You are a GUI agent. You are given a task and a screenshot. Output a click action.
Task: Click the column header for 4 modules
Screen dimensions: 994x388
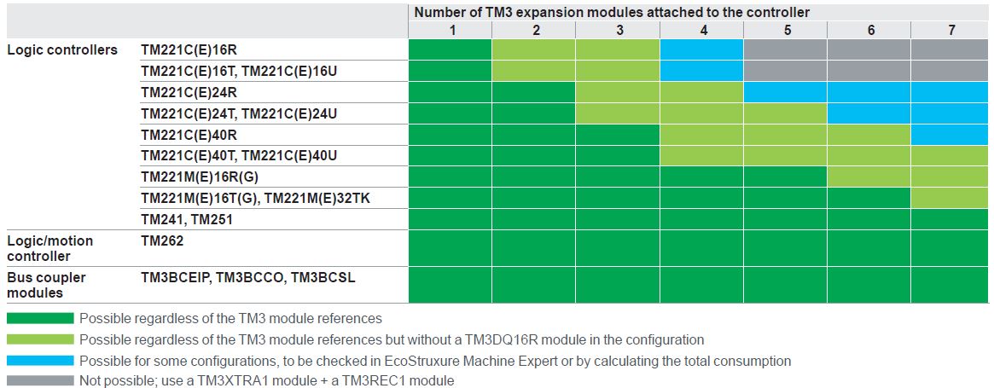click(701, 30)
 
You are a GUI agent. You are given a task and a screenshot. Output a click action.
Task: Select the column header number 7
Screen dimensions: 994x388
click(951, 30)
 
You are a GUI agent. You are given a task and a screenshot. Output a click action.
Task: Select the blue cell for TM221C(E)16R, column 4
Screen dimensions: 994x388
click(701, 49)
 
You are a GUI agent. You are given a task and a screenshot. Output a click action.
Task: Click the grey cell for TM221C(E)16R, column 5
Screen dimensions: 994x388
click(785, 49)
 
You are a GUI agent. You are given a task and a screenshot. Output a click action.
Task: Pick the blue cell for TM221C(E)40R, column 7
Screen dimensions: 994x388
click(951, 135)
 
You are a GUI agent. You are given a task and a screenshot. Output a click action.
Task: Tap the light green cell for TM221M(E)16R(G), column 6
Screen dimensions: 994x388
click(869, 177)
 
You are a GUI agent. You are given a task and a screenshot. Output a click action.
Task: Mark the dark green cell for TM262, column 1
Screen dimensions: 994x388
click(450, 248)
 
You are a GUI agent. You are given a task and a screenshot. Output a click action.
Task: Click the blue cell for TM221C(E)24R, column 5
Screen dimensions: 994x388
click(785, 92)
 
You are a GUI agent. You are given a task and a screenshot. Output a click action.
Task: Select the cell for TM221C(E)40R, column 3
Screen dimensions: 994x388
click(618, 135)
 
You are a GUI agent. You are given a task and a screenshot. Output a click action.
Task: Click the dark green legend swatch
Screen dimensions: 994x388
click(41, 317)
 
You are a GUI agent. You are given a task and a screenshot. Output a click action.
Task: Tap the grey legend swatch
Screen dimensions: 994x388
click(41, 381)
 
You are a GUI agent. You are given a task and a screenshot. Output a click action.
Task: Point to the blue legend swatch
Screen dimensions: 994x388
click(41, 360)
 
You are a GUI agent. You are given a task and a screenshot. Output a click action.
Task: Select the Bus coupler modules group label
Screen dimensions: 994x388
click(46, 286)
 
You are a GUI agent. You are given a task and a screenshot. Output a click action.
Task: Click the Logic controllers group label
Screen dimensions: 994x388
click(62, 50)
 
